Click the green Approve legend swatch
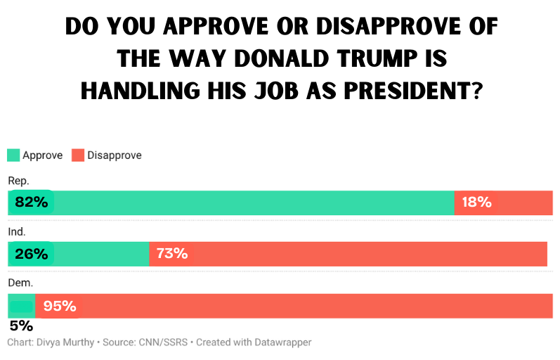coord(13,155)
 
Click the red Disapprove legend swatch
coord(78,155)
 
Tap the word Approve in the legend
coord(43,155)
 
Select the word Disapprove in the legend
coord(115,155)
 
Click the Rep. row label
coord(18,181)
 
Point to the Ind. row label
coord(17,231)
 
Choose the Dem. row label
coord(20,283)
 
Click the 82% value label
coord(31,202)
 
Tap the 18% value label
coord(476,202)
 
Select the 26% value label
coord(31,254)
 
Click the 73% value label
coord(172,254)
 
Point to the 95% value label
coord(60,306)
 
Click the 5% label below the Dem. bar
coord(20,326)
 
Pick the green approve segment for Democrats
coord(21,306)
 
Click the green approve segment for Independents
coord(98,254)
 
